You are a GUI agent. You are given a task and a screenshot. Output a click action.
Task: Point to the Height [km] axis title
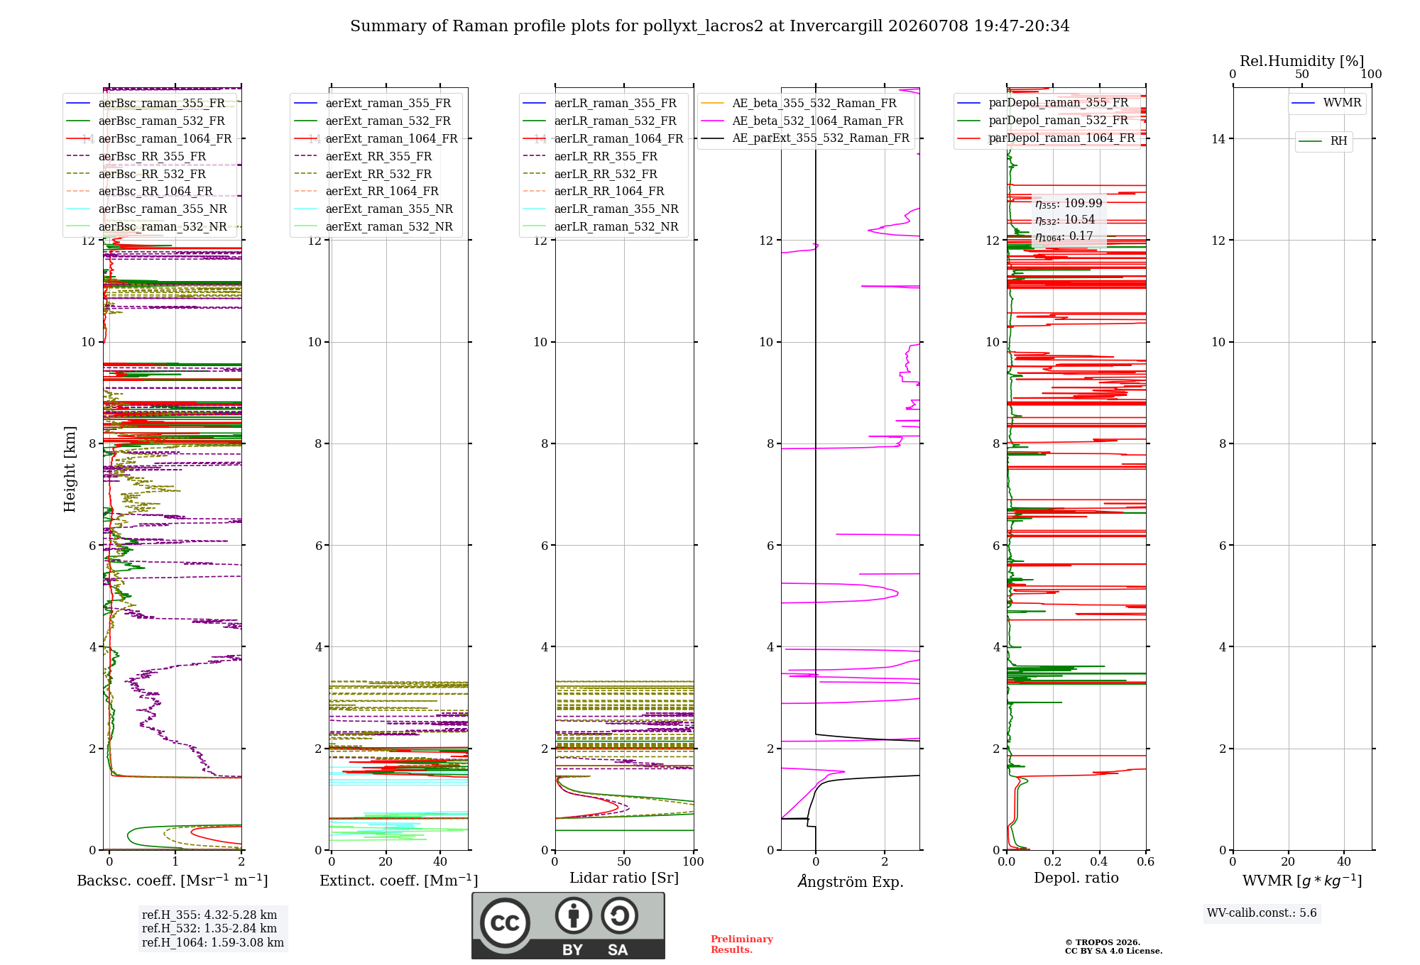(x=70, y=469)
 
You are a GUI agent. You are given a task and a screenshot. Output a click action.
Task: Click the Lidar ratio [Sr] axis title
(x=624, y=878)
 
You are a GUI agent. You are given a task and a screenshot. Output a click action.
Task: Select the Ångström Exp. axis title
(x=851, y=881)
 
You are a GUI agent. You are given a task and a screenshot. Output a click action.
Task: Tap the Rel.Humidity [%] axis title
(x=1302, y=61)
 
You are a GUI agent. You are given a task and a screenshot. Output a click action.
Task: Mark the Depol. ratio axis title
(x=1076, y=878)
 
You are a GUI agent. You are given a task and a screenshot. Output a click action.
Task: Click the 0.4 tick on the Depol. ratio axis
(x=1099, y=861)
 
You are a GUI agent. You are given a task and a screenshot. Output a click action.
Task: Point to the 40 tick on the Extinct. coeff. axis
(x=440, y=861)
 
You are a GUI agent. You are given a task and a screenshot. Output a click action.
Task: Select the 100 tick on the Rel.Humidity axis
(x=1371, y=74)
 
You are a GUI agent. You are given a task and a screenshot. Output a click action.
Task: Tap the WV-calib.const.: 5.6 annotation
(x=1262, y=912)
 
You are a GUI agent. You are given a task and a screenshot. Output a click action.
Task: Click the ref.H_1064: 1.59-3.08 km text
(x=213, y=942)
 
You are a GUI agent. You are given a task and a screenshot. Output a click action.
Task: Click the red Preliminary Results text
(x=742, y=944)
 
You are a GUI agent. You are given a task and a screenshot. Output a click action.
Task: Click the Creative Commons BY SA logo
(x=568, y=926)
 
